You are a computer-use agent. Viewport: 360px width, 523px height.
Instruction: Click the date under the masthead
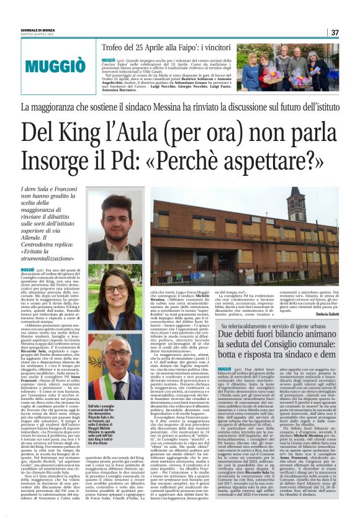[29, 35]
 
